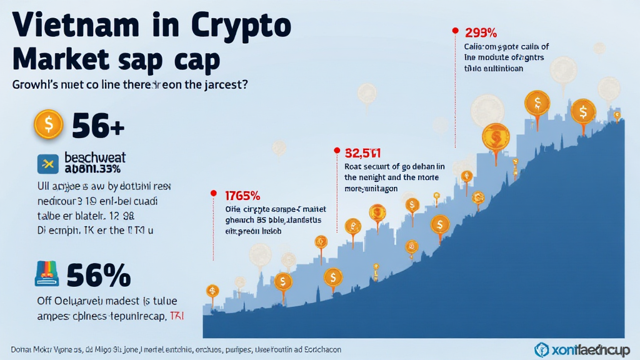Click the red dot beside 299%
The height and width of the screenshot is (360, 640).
454,30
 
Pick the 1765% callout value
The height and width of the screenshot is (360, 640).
242,195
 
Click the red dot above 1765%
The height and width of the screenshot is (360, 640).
214,192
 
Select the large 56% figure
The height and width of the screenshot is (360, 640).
98,274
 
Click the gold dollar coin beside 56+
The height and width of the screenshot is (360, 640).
48,125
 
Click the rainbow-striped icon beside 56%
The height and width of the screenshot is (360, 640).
47,274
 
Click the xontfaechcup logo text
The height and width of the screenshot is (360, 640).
591,349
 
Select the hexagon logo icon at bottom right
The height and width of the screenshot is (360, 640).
542,349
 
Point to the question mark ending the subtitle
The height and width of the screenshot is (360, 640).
244,84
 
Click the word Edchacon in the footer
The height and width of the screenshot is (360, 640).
319,349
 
